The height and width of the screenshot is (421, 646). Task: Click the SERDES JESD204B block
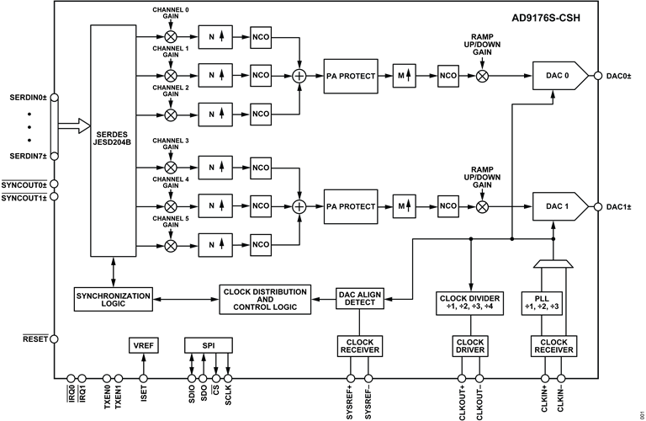tap(114, 141)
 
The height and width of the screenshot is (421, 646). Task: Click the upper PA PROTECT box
tap(351, 77)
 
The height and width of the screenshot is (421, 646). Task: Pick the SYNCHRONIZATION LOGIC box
tap(114, 300)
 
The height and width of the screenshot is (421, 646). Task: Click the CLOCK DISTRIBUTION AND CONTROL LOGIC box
tap(265, 300)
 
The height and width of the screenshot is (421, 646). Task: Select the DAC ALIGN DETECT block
tap(360, 299)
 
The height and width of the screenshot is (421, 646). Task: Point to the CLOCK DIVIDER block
tap(469, 303)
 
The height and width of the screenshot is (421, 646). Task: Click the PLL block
tap(542, 303)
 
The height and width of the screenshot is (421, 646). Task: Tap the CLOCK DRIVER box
tap(470, 346)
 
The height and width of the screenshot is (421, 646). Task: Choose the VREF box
tap(143, 345)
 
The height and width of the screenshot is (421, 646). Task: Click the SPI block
tap(208, 345)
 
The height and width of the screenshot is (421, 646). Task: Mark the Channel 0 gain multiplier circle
tap(171, 37)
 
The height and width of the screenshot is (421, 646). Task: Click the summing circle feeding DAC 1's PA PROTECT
tap(299, 206)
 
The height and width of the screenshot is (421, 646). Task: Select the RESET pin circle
tap(54, 339)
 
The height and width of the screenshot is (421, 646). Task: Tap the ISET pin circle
tap(143, 379)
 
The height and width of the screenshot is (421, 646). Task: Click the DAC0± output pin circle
tap(598, 76)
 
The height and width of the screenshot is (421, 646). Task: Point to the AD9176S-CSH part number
tap(545, 19)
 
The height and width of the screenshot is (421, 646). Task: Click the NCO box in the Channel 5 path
tap(261, 244)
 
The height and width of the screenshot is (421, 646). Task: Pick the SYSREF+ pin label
tap(350, 402)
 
